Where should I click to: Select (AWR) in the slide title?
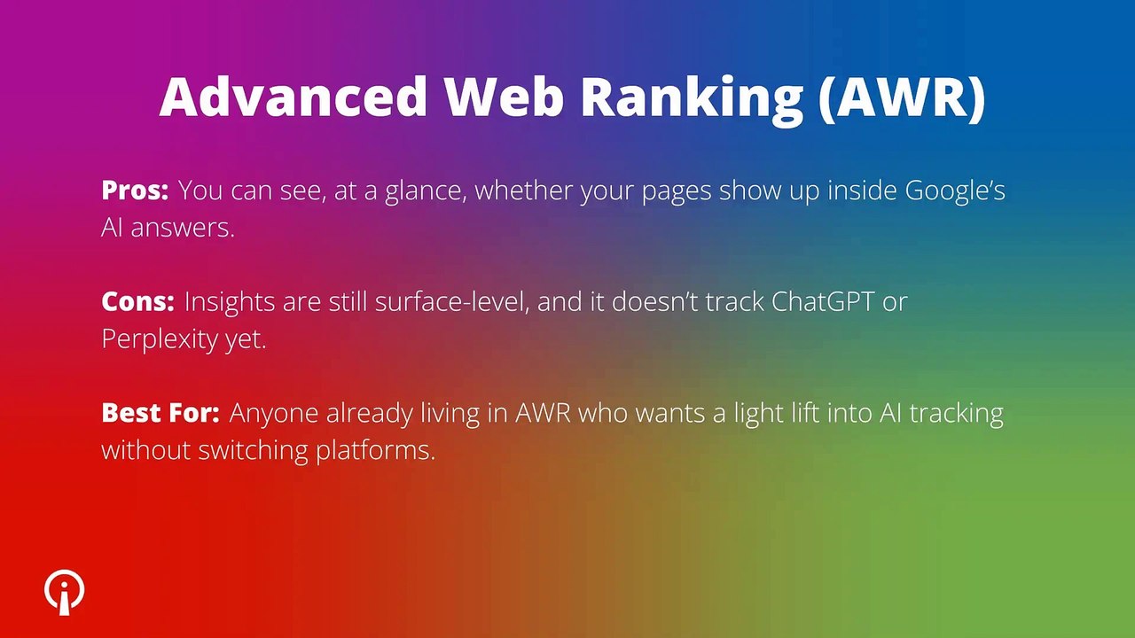coord(901,97)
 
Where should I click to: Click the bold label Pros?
coord(135,191)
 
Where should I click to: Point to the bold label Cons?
coord(137,301)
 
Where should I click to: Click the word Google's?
coord(954,191)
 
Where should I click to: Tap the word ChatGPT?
coord(821,301)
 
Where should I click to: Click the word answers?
coord(183,228)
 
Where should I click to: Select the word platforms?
coord(375,450)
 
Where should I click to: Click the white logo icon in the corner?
coord(65,592)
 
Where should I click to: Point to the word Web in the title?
coord(504,97)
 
